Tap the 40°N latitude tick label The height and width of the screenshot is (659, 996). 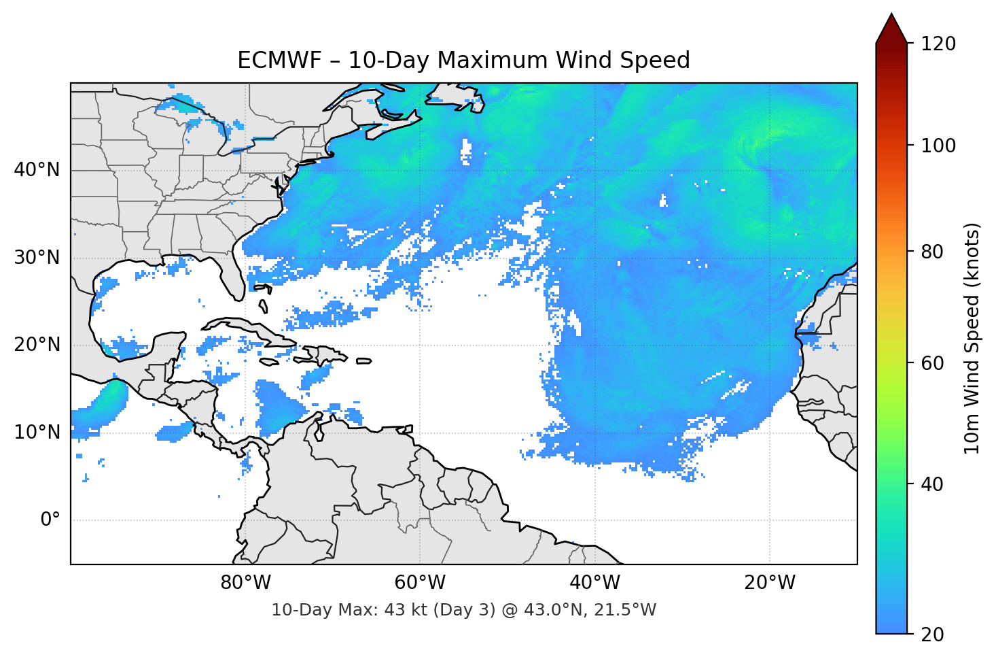coord(37,169)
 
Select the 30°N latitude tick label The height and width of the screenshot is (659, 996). coord(37,257)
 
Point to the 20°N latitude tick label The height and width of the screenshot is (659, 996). coord(37,345)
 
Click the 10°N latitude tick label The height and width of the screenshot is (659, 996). coord(37,432)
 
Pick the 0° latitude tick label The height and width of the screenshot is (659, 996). coord(50,520)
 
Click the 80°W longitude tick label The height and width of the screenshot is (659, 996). coord(245,583)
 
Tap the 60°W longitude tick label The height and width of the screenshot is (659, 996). coord(420,583)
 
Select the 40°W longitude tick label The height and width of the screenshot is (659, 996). coord(594,583)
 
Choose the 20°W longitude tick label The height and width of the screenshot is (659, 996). coord(769,583)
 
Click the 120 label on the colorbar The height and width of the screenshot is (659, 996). coord(938,44)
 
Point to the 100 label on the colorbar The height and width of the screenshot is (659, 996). coord(938,146)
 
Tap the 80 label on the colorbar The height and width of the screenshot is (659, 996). coord(932,252)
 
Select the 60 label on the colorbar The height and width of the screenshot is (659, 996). coord(932,363)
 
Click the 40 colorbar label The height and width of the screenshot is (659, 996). coord(932,484)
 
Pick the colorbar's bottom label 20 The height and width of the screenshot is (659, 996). coord(932,635)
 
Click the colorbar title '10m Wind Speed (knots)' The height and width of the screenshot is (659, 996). coord(972,338)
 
